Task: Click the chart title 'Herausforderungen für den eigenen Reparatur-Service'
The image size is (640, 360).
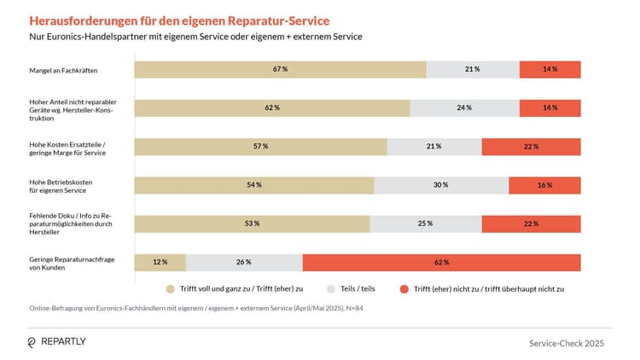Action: click(179, 20)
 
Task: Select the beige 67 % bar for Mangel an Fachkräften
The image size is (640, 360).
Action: click(280, 70)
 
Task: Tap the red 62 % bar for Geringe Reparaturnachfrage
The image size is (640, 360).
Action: click(441, 262)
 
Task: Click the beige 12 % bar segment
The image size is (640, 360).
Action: click(160, 262)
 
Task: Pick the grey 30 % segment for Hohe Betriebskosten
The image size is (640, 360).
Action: click(441, 185)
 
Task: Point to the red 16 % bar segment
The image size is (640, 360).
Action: click(544, 185)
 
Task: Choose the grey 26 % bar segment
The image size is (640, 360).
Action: click(244, 262)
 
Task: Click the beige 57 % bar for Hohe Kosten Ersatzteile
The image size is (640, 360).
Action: click(260, 147)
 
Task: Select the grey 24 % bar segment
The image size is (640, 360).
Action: click(464, 108)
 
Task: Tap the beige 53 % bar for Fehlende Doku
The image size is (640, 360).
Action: click(252, 224)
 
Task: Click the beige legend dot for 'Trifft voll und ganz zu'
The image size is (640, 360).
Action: click(171, 289)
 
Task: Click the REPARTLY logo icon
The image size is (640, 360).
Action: click(32, 342)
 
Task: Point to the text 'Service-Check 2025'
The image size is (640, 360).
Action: click(566, 343)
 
